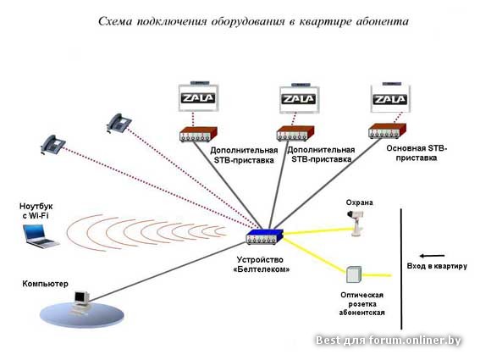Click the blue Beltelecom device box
tap(265, 236)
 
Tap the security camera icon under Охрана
tap(356, 223)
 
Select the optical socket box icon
tap(354, 274)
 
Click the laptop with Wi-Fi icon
tap(40, 236)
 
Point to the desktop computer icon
tap(81, 302)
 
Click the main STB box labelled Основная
tap(387, 131)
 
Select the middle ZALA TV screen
tap(300, 98)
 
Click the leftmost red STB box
tap(198, 135)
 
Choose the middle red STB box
tap(295, 134)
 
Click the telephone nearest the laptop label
tap(53, 144)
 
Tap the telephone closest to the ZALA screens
tap(119, 123)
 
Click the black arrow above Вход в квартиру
tap(432, 256)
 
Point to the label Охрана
tap(360, 202)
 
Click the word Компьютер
tap(46, 284)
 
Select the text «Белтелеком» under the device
tap(262, 269)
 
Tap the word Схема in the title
tap(115, 21)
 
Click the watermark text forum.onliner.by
tap(415, 340)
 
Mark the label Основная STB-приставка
tap(417, 152)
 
